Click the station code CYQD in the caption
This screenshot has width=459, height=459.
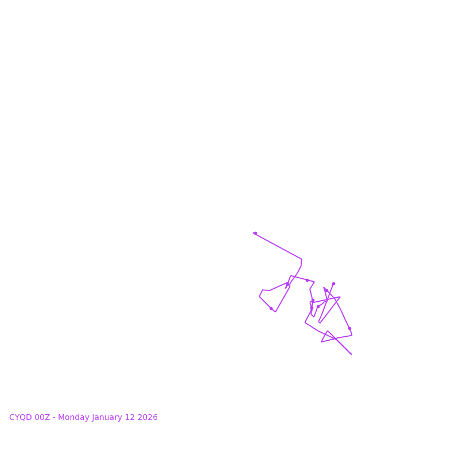tap(21, 418)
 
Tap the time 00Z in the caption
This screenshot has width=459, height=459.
tap(42, 418)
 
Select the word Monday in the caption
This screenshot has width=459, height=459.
tap(73, 418)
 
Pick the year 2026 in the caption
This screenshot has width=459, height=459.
tap(147, 418)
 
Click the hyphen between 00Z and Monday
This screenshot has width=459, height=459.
tap(55, 418)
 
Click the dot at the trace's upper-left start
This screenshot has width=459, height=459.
tap(255, 233)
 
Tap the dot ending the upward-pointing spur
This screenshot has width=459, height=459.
tap(333, 283)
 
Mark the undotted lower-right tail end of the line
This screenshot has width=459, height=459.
tap(352, 355)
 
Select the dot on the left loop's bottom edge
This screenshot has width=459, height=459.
tap(271, 308)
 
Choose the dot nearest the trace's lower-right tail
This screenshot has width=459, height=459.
tap(349, 328)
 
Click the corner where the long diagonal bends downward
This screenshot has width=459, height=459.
tap(301, 259)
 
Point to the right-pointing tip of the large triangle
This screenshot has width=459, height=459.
tap(340, 297)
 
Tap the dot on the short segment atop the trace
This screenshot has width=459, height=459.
tap(307, 280)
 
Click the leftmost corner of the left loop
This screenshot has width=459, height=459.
tap(259, 297)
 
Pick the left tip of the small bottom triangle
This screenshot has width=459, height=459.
tap(321, 342)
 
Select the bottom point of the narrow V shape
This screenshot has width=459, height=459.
tap(320, 322)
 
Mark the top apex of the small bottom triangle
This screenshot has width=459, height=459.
tap(328, 331)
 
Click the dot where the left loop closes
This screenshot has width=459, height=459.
tap(288, 283)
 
